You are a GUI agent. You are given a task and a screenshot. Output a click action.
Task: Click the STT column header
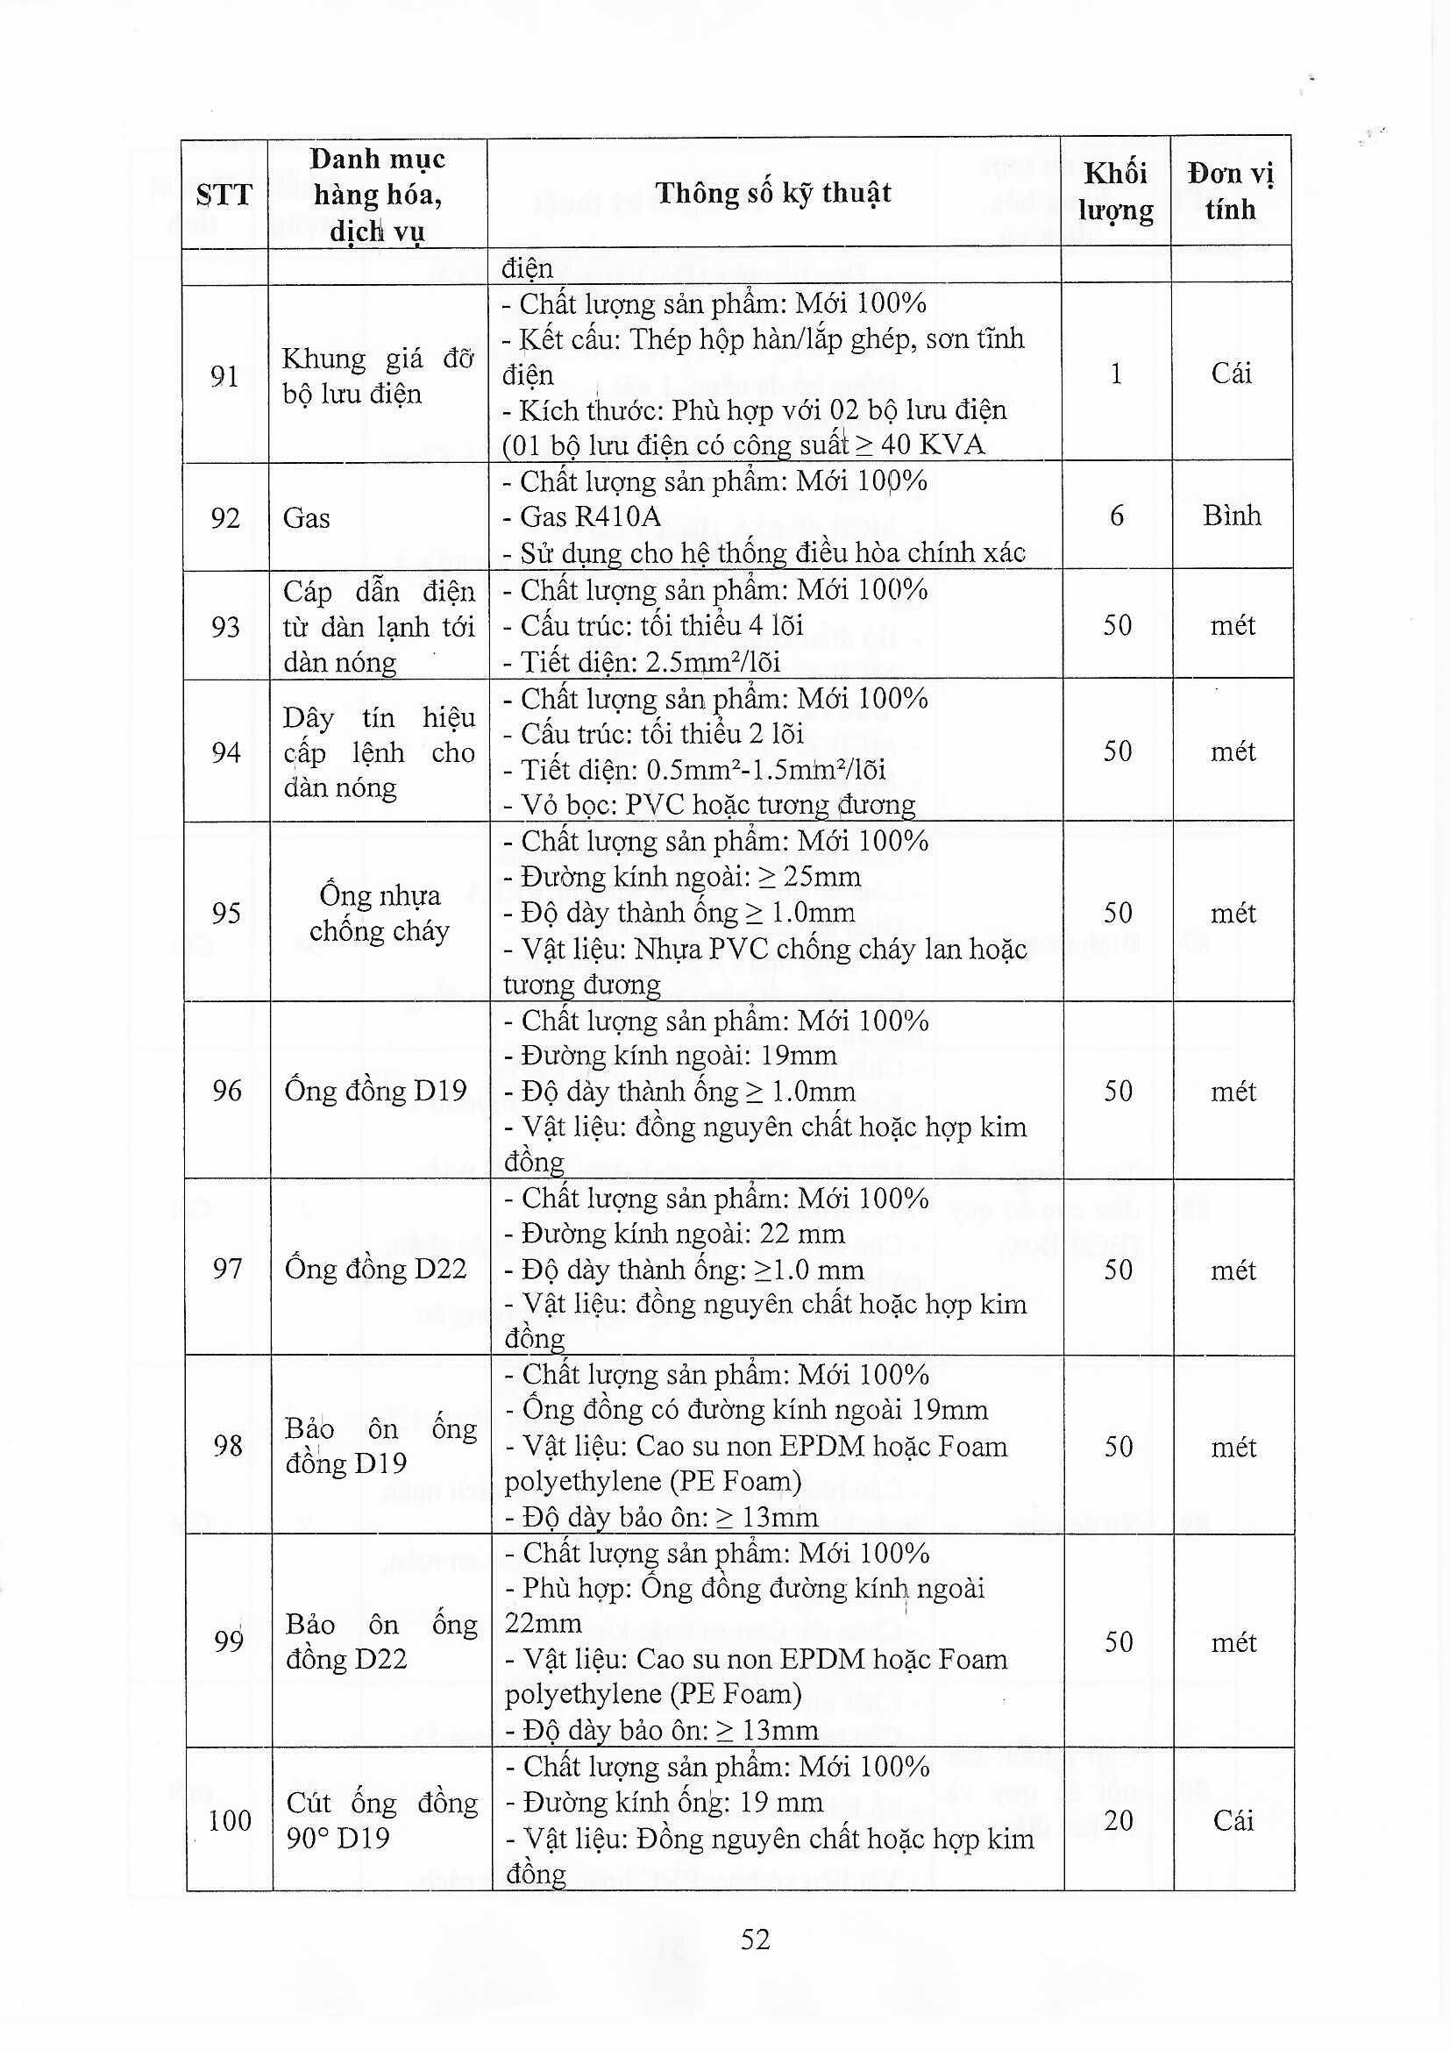point(224,195)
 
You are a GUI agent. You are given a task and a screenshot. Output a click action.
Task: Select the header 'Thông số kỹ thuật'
point(773,193)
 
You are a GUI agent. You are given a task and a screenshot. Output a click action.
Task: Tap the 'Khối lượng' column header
point(1115,192)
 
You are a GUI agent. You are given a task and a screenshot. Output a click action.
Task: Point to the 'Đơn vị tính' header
point(1230,192)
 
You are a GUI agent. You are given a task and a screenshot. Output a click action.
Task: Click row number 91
point(224,377)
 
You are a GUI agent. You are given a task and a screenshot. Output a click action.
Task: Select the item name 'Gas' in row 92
point(306,518)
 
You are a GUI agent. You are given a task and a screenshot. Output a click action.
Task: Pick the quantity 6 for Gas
point(1116,516)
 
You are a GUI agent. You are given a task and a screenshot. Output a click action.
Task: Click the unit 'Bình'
point(1231,516)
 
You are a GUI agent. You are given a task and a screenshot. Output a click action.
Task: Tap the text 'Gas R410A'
point(590,517)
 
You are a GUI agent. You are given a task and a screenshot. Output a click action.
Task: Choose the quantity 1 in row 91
point(1116,374)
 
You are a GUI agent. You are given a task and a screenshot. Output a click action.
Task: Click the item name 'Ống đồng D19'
point(376,1091)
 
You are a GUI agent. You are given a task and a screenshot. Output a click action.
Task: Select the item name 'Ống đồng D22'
point(376,1269)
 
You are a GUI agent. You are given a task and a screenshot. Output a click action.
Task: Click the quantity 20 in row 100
point(1118,1819)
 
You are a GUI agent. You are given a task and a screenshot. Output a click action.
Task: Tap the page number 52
point(756,1964)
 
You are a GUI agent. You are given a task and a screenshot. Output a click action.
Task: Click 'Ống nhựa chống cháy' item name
point(380,913)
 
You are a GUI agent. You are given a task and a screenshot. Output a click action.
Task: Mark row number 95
point(227,913)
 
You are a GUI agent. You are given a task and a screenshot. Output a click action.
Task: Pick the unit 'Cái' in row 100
point(1233,1820)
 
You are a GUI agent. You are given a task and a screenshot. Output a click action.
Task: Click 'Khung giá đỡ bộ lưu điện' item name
point(378,376)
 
